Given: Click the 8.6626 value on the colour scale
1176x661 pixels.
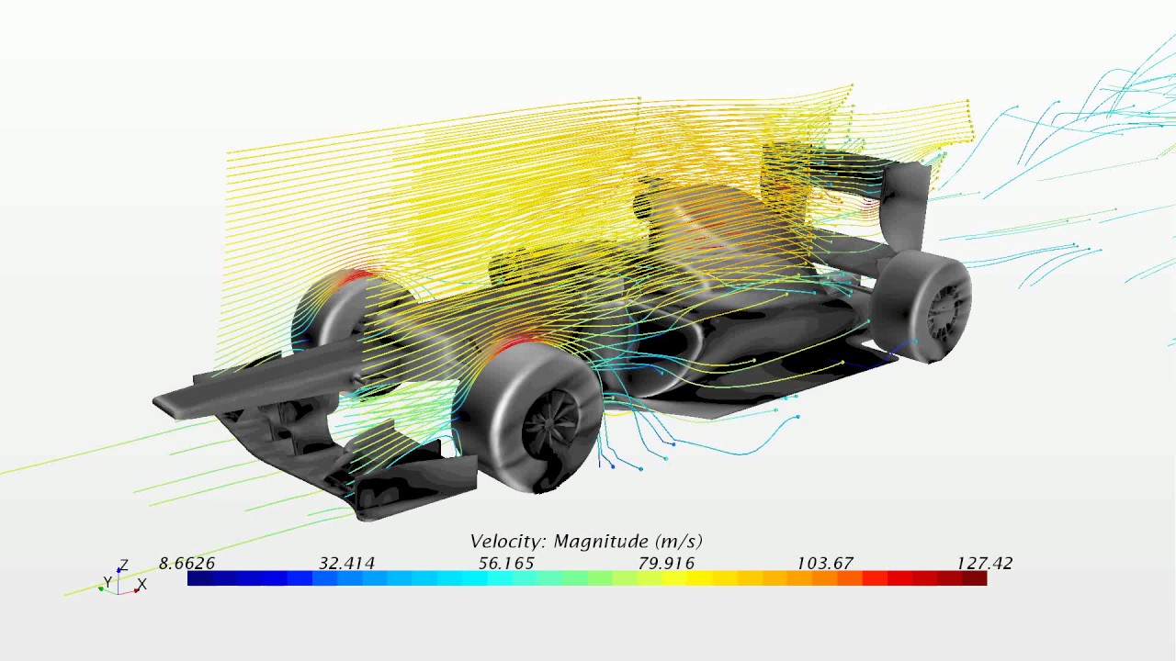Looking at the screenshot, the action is click(x=187, y=564).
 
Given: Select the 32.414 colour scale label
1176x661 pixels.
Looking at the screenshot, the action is click(x=346, y=564).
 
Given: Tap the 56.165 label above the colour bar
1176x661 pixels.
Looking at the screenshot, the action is click(x=506, y=564).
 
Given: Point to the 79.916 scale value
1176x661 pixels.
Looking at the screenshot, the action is click(x=666, y=564).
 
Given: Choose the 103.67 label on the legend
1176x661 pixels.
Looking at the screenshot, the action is click(x=825, y=564).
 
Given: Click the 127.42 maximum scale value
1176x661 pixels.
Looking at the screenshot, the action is click(x=984, y=564).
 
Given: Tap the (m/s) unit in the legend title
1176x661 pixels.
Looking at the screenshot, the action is click(x=678, y=541).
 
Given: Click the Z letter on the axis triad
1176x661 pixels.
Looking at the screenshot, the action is click(x=124, y=565).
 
